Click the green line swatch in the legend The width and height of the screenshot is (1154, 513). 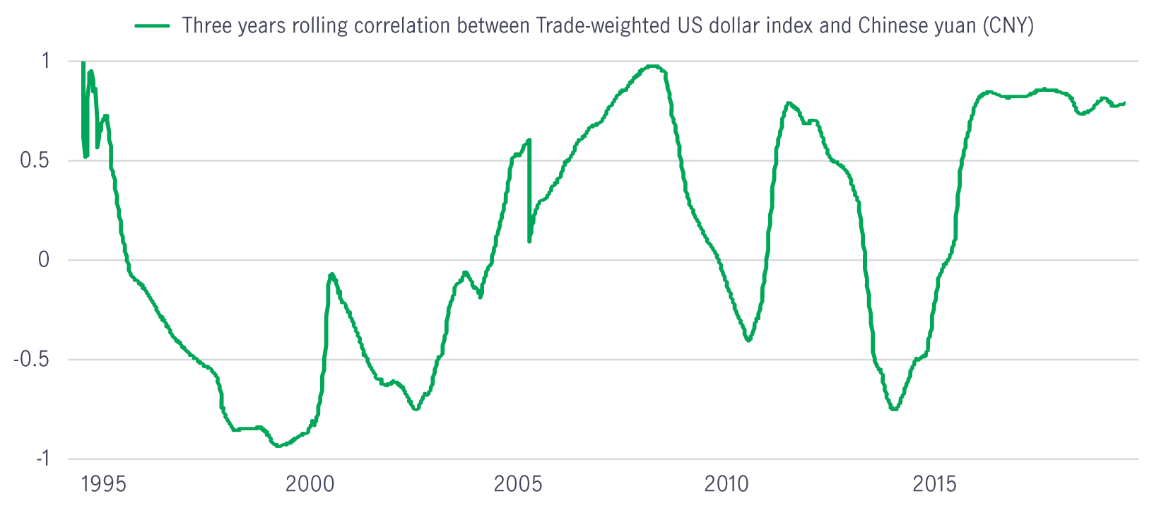pos(152,25)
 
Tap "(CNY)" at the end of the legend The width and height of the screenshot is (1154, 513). pos(1008,25)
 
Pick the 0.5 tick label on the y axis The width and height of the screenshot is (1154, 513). pos(35,160)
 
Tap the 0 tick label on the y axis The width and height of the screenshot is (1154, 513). pos(44,259)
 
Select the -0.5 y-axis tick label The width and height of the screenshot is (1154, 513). pos(31,359)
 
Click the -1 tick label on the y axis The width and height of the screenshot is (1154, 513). pos(43,458)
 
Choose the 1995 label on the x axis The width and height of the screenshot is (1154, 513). pos(104,484)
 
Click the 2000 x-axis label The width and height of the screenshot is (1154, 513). pos(310,484)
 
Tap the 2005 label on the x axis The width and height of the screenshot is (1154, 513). pos(518,484)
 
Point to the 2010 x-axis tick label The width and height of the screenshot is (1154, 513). pos(726,484)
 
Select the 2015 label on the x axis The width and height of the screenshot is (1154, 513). pos(934,484)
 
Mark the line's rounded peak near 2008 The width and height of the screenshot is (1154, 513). pos(652,66)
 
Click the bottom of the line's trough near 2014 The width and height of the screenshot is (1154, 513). pos(894,409)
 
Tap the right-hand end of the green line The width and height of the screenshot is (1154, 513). pos(1124,103)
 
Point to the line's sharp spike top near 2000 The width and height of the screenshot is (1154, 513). pos(331,274)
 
